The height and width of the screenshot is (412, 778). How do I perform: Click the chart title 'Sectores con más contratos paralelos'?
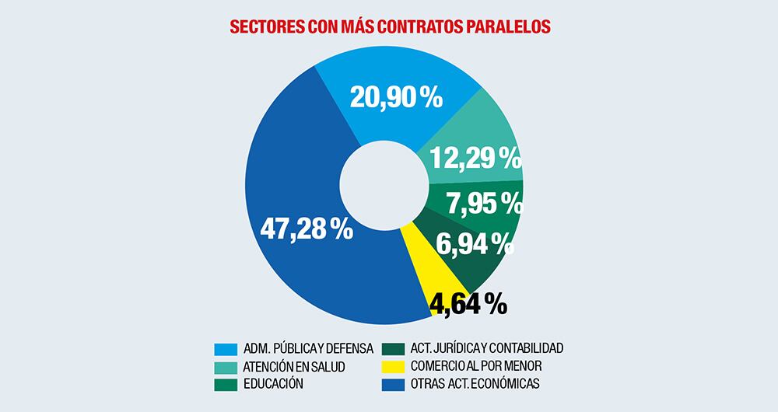(x=390, y=26)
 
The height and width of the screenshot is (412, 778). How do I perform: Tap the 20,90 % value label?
(x=396, y=98)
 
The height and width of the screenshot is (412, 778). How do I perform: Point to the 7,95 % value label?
(x=483, y=204)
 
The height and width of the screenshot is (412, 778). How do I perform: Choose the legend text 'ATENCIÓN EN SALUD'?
(x=293, y=365)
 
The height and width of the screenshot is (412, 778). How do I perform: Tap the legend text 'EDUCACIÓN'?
(x=273, y=383)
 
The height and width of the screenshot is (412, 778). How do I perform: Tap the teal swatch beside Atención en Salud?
(x=226, y=365)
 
